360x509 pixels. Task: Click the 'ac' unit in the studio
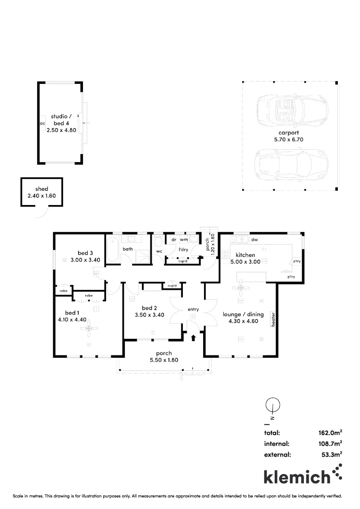tap(42, 123)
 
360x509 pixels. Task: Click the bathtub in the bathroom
tap(113, 250)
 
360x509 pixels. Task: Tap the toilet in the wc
tap(158, 242)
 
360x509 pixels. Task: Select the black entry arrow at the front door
tap(193, 337)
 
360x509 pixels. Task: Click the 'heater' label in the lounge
tap(273, 319)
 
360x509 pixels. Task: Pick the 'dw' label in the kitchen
tap(254, 240)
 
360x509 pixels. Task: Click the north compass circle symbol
tap(273, 404)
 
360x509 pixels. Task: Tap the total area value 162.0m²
tap(330, 432)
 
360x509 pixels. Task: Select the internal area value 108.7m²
tap(330, 443)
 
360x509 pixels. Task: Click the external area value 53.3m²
tap(332, 455)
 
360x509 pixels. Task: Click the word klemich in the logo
tap(297, 476)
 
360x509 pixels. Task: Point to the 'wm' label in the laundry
tap(184, 240)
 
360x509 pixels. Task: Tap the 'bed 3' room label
tap(85, 253)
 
